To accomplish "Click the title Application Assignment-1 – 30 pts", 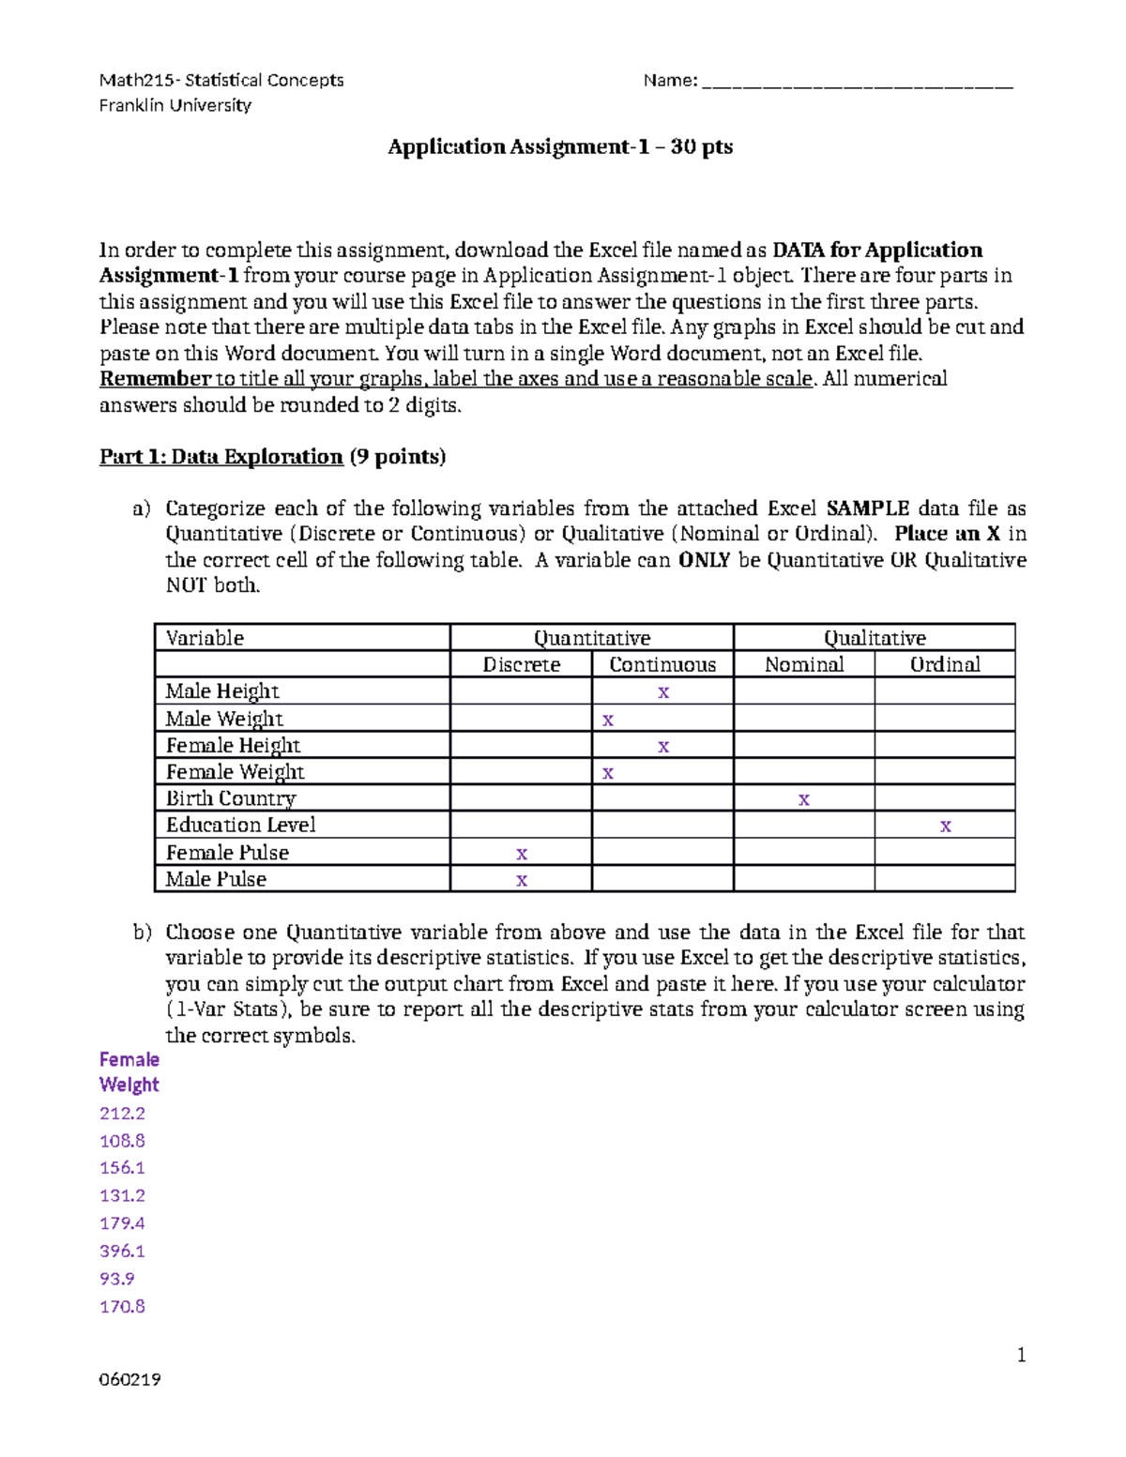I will tap(560, 146).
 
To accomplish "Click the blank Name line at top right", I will tap(857, 83).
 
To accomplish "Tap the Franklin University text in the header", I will tap(175, 105).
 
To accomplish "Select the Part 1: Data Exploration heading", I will tap(221, 457).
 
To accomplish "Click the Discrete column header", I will tap(521, 664).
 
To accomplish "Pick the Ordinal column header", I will tap(945, 664).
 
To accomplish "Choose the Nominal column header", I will tap(804, 664).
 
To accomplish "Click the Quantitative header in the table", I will tap(592, 638).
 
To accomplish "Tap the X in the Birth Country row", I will tap(803, 799).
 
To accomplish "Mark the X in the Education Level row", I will tap(945, 826).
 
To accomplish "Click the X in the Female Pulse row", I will tap(522, 853).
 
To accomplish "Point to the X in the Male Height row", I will tap(663, 692).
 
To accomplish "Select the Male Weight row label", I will tap(224, 719).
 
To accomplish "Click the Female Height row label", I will tap(233, 745).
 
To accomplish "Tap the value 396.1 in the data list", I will tap(122, 1251).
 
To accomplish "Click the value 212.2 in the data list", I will tap(122, 1113).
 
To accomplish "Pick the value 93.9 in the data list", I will tap(117, 1279).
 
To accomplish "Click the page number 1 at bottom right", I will tap(1021, 1355).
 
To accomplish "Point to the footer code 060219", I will tap(129, 1379).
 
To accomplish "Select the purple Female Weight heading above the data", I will tap(129, 1071).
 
